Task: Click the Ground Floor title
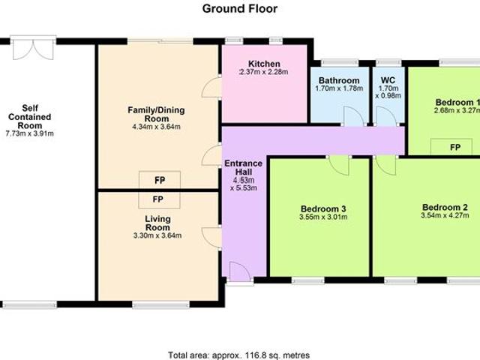point(240,9)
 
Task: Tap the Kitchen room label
point(264,64)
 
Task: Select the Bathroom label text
point(339,80)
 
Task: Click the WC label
point(387,80)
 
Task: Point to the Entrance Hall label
point(244,168)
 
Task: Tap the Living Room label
point(157,223)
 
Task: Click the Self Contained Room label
point(31,116)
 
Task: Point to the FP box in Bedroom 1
point(454,148)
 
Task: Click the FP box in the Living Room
point(158,199)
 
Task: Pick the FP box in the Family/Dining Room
point(158,180)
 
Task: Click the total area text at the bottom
point(238,355)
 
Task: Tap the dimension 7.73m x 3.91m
point(31,133)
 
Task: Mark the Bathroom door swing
point(349,117)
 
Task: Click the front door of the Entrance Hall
point(239,272)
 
